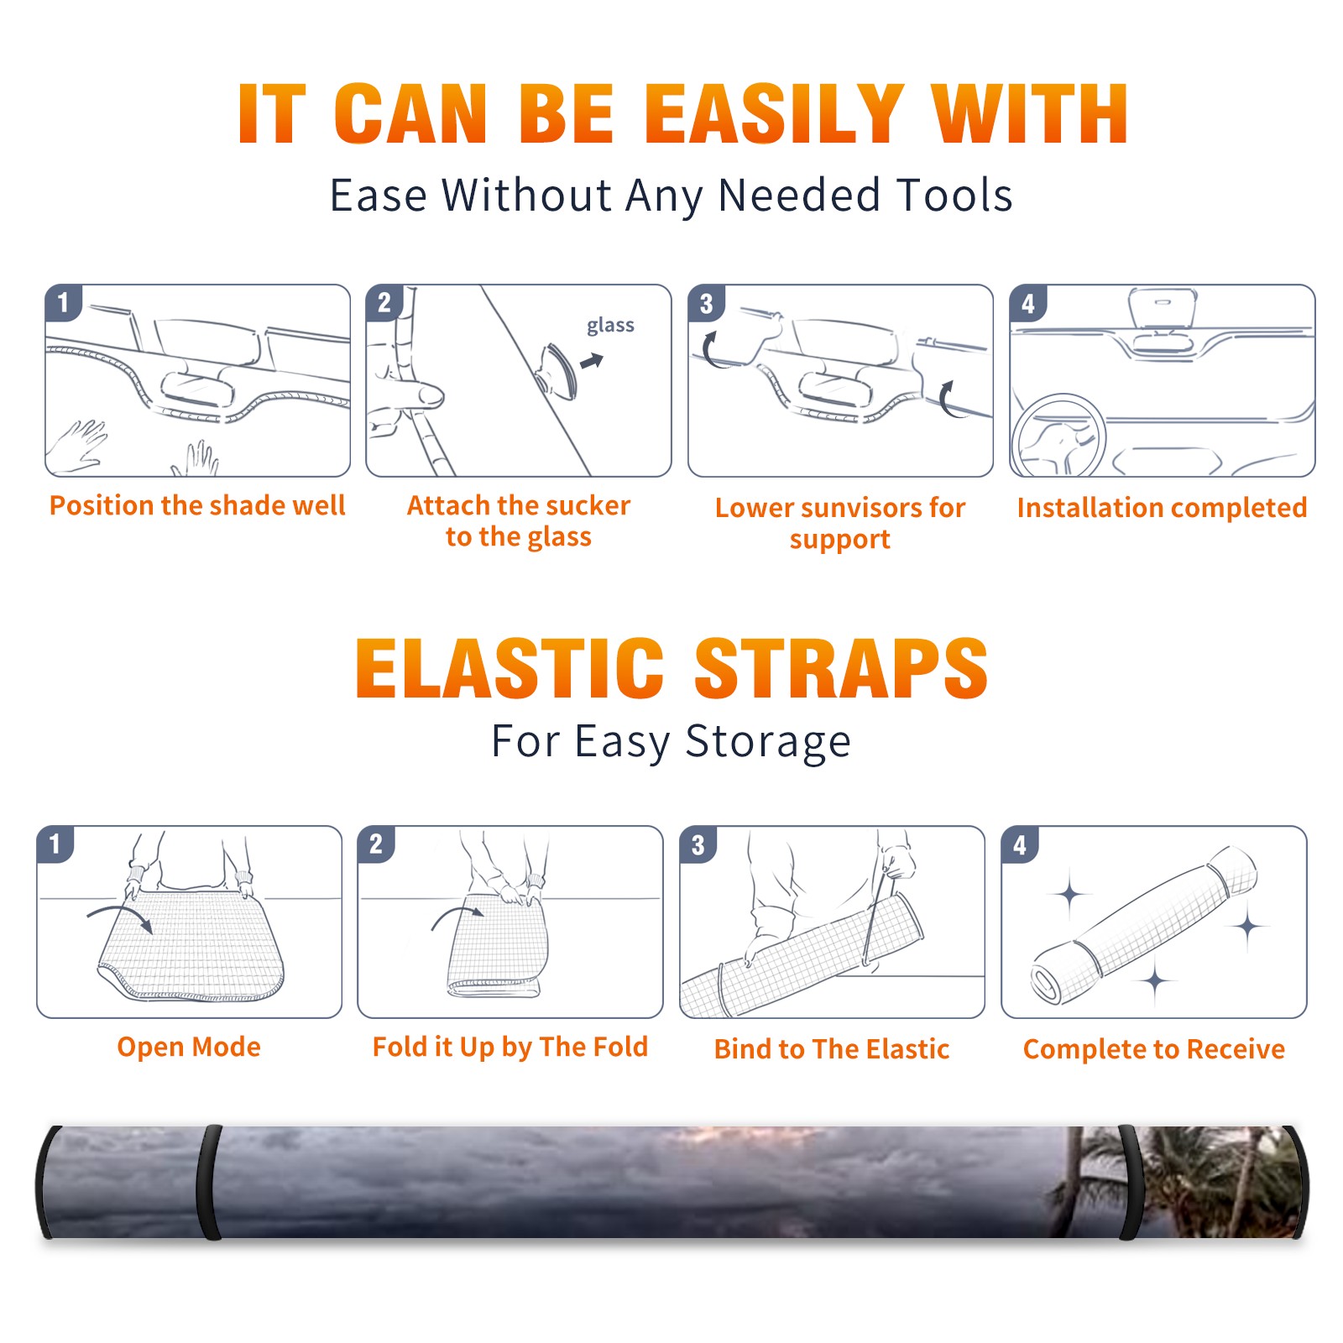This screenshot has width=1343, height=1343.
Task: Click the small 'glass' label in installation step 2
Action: click(610, 326)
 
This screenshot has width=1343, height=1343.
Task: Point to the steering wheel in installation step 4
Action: click(1058, 436)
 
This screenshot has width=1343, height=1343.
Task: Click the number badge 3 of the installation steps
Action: click(706, 303)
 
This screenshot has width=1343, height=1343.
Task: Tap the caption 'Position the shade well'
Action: click(197, 505)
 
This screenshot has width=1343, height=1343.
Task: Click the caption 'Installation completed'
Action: click(1162, 508)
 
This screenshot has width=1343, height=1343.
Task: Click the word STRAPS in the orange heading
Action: click(841, 668)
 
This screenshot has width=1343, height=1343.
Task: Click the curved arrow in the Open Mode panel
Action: click(119, 917)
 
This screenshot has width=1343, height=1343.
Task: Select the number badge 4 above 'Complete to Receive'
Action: click(1019, 844)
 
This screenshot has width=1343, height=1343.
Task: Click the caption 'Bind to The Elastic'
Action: click(831, 1049)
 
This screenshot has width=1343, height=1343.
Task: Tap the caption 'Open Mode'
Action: click(189, 1047)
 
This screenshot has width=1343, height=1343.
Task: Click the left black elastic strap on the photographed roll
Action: click(209, 1183)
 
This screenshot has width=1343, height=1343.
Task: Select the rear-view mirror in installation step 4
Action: click(1163, 308)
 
